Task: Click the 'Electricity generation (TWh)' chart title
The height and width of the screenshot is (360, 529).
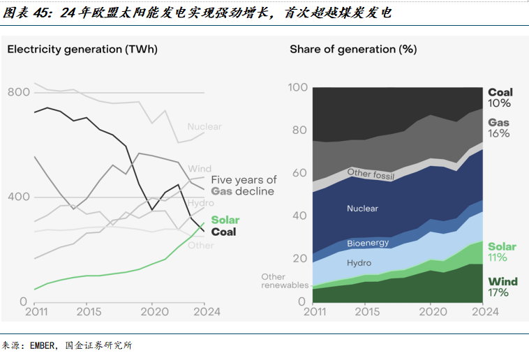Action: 82,50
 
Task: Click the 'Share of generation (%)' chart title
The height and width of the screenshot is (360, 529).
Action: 352,50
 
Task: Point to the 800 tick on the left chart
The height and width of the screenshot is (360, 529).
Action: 18,92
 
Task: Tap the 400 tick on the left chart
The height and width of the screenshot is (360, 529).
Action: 18,197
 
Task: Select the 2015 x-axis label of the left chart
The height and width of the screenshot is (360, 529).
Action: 87,312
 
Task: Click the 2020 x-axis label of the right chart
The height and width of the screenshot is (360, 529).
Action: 432,312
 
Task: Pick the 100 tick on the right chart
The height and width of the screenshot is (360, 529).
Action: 298,88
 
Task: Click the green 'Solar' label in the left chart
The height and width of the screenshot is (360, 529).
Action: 225,220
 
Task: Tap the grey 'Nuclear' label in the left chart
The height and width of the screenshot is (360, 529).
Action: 204,127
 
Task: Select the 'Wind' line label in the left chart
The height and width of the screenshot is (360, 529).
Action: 200,170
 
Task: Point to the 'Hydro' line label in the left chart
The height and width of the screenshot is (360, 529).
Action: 201,203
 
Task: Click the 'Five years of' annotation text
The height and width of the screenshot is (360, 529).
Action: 244,180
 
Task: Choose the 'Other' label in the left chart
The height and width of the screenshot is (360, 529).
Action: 201,246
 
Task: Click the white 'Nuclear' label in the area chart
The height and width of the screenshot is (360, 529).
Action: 362,209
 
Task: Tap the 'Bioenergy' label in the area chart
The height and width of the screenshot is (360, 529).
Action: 367,243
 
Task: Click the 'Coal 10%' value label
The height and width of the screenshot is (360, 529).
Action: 500,98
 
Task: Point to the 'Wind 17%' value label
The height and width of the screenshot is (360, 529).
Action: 502,287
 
